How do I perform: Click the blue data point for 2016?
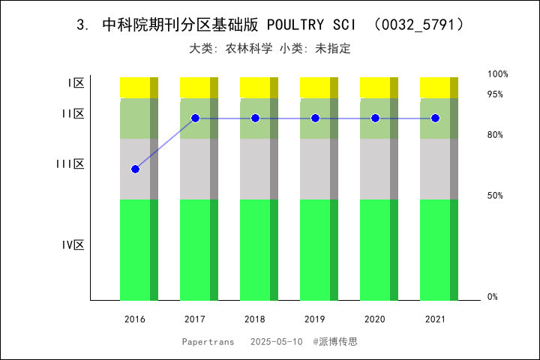135,169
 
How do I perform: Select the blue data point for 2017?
195,118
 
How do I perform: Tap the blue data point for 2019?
315,118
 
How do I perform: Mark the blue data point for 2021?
435,118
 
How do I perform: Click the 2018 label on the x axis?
255,319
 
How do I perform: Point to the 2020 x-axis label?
375,319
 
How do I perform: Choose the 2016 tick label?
135,319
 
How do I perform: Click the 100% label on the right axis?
498,74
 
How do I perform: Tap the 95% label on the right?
495,94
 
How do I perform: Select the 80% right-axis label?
495,135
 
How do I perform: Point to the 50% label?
495,196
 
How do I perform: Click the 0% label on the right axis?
493,297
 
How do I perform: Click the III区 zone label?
70,163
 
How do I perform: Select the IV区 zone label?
73,244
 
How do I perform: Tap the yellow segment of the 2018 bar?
255,87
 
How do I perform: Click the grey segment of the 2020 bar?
375,169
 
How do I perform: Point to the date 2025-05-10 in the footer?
277,341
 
